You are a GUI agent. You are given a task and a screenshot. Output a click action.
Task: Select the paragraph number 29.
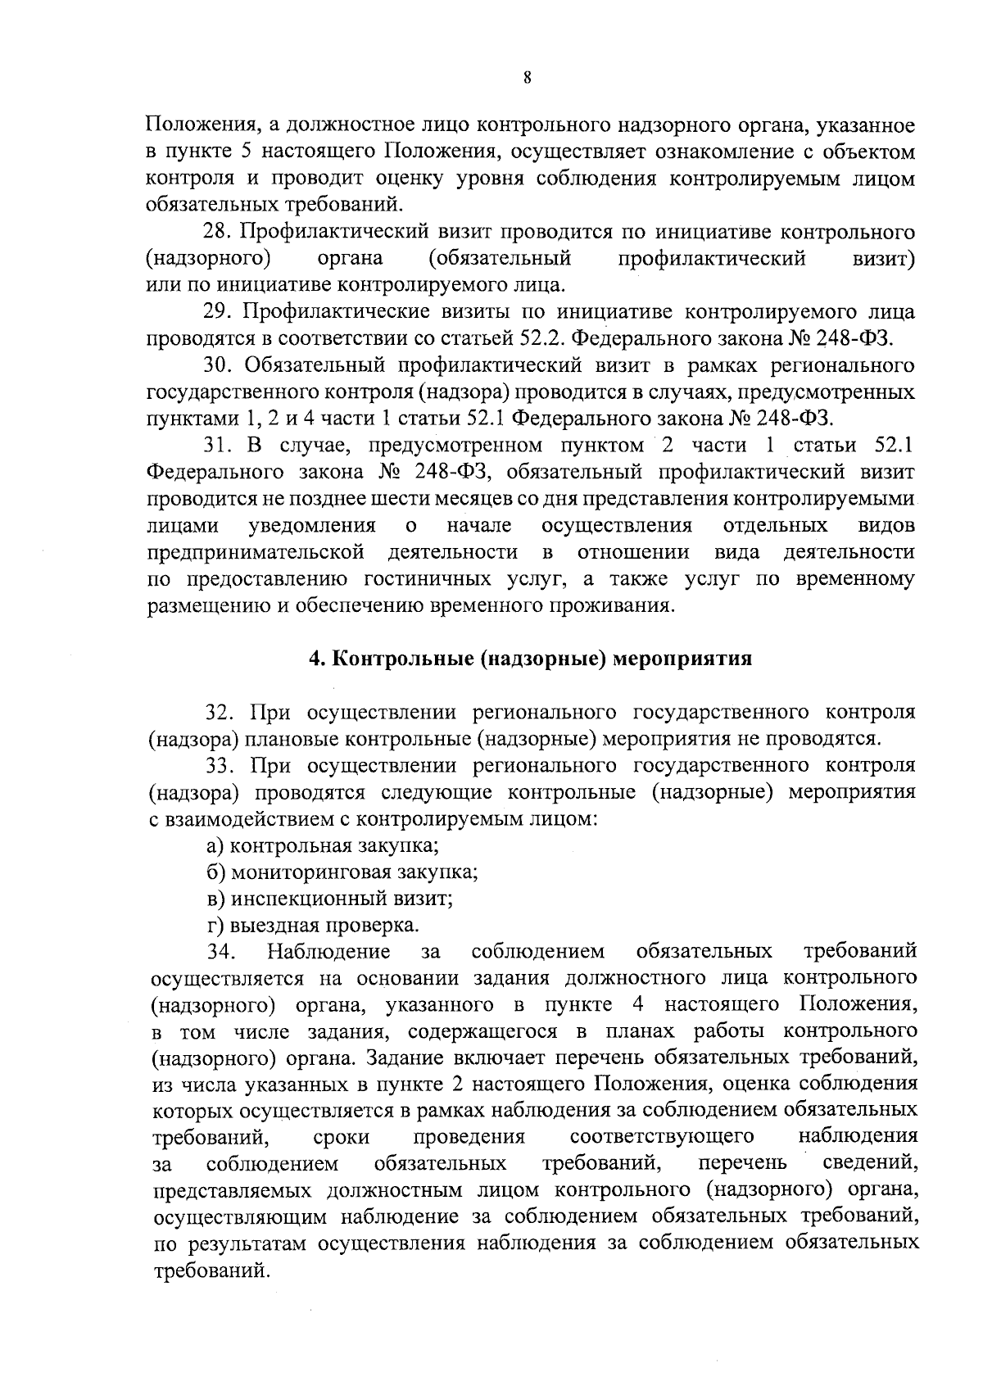[219, 312]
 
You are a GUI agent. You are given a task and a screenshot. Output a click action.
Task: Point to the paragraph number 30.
[219, 365]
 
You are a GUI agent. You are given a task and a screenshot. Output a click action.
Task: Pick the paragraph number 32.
[219, 712]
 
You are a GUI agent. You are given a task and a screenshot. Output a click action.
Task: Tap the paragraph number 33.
[219, 765]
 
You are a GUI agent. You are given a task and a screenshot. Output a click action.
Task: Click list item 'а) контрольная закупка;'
[323, 845]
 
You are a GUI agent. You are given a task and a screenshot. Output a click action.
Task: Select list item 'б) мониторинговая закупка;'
[342, 872]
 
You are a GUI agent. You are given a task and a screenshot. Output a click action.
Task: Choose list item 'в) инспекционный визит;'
[330, 899]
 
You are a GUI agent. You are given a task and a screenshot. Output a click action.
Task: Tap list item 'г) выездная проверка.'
[313, 926]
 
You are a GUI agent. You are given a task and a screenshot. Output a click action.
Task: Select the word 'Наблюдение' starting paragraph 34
[328, 952]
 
